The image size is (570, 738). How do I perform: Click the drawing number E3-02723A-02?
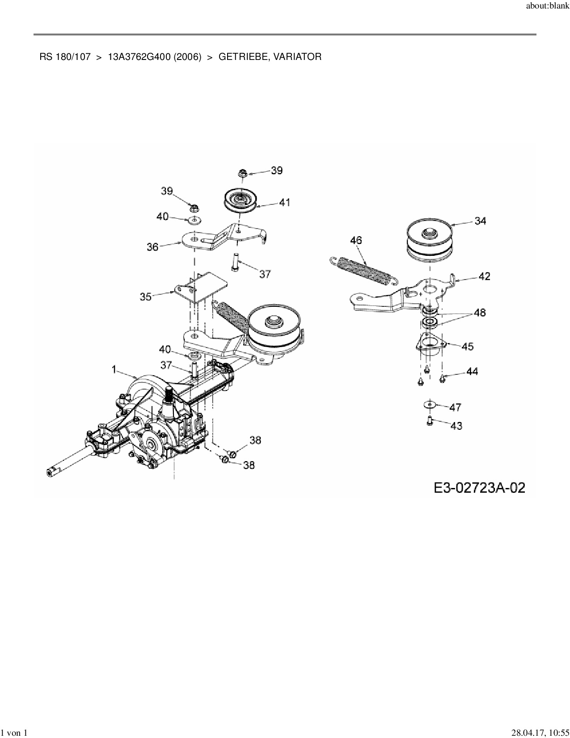pyautogui.click(x=479, y=488)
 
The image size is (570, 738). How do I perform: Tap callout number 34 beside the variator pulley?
pyautogui.click(x=481, y=221)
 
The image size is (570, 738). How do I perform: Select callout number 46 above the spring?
pyautogui.click(x=356, y=241)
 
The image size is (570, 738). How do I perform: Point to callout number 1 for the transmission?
pyautogui.click(x=114, y=369)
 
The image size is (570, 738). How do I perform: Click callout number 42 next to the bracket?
pyautogui.click(x=484, y=276)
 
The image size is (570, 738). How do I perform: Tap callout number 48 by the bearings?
pyautogui.click(x=480, y=313)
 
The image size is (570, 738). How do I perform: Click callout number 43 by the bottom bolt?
pyautogui.click(x=456, y=425)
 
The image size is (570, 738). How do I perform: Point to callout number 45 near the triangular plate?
pyautogui.click(x=468, y=346)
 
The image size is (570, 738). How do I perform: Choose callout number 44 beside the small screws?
pyautogui.click(x=472, y=371)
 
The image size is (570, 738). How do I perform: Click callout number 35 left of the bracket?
pyautogui.click(x=146, y=296)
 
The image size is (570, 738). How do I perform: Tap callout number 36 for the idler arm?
pyautogui.click(x=153, y=246)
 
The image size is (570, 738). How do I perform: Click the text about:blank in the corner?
pyautogui.click(x=548, y=7)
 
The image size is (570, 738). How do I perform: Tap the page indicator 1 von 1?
pyautogui.click(x=14, y=733)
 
